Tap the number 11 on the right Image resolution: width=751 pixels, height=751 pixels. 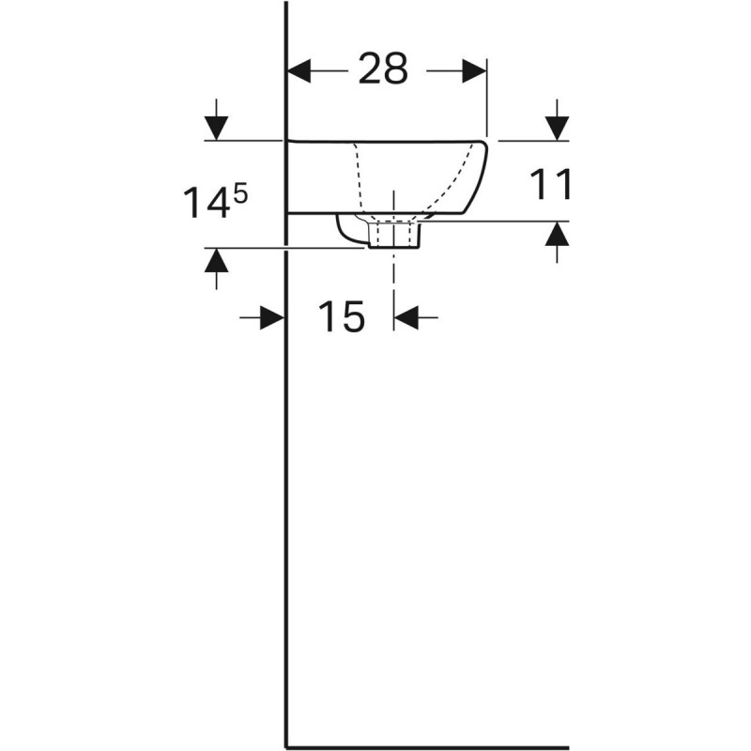pyautogui.click(x=552, y=185)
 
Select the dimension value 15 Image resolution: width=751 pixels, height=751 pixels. pyautogui.click(x=340, y=318)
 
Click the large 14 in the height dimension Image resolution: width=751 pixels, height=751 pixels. pyautogui.click(x=205, y=203)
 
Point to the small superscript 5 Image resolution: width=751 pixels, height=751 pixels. pyautogui.click(x=241, y=192)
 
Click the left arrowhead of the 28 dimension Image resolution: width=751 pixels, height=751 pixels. pyautogui.click(x=299, y=70)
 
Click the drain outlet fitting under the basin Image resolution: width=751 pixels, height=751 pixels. pyautogui.click(x=394, y=234)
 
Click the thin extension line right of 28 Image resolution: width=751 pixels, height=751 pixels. pyautogui.click(x=486, y=99)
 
